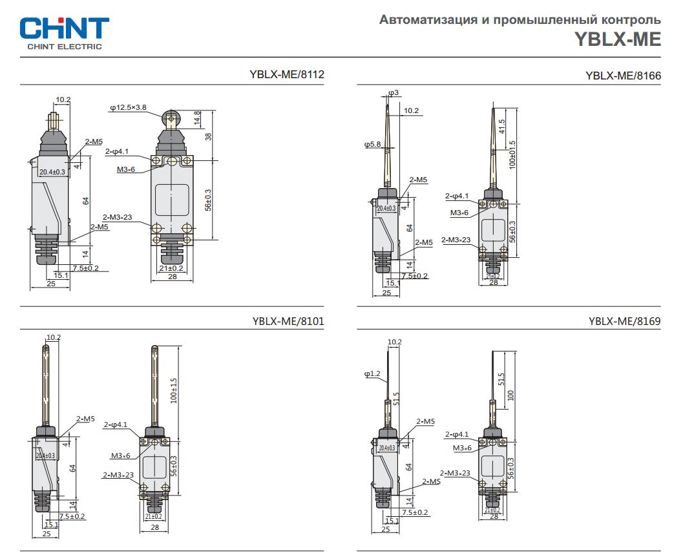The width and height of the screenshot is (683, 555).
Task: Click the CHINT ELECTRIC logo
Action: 65,32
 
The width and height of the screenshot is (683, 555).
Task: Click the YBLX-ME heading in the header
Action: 618,40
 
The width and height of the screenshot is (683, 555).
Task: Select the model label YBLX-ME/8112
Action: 286,74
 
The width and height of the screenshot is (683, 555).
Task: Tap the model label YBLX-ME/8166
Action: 623,76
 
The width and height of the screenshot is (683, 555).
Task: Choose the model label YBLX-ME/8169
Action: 624,321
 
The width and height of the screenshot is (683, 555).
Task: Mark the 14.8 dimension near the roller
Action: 197,119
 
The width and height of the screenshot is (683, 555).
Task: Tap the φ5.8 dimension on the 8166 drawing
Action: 373,145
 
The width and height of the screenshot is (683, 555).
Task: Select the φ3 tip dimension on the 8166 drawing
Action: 394,93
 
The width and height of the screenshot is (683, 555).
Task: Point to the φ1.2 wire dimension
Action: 372,373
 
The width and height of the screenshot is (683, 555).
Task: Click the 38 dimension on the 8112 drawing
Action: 208,136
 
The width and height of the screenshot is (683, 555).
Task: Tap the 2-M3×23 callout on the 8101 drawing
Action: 118,475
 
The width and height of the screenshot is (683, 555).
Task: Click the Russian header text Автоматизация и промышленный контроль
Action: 520,20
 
